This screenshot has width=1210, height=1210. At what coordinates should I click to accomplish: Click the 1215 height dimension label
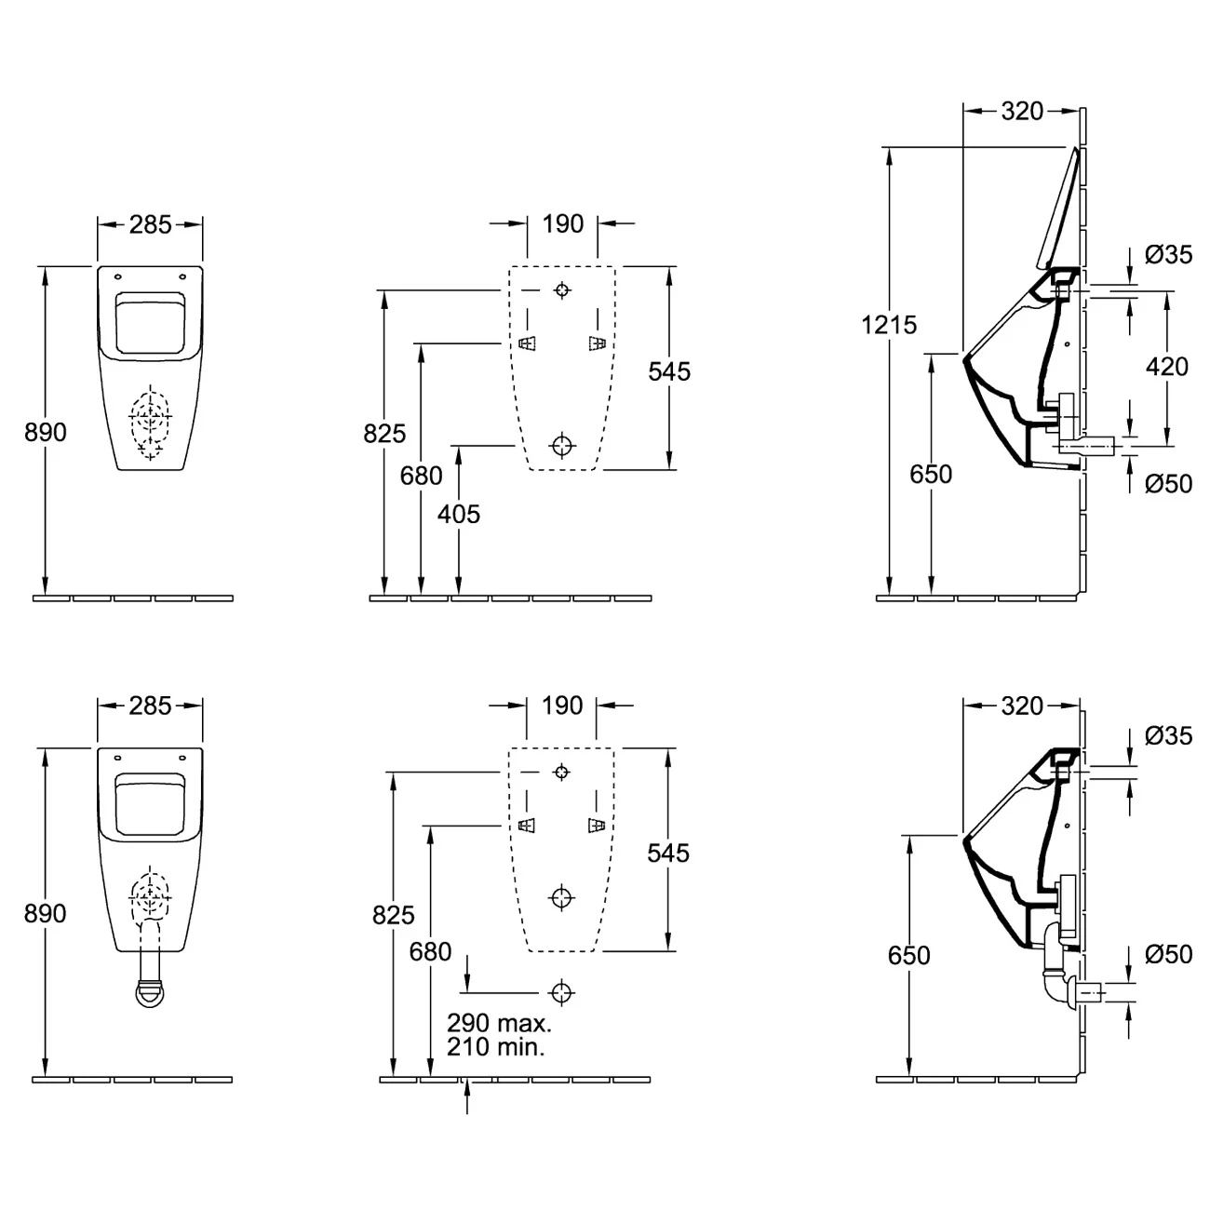point(889,325)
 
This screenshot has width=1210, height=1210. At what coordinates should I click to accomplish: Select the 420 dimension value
point(1166,366)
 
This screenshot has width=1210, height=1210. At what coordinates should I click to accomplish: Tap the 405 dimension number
point(459,514)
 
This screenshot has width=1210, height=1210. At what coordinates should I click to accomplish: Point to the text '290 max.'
point(499,1023)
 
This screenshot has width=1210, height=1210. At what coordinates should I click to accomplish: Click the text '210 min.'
point(496,1046)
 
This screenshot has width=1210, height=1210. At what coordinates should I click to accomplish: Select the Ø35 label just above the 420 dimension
point(1168,254)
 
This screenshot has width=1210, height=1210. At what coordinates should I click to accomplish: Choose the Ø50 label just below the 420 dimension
point(1168,484)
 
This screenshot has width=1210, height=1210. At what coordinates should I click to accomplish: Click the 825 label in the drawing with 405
point(384,433)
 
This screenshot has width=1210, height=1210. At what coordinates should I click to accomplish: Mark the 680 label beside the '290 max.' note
point(430,951)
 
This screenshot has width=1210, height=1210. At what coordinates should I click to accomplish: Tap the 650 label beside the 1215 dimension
point(931,474)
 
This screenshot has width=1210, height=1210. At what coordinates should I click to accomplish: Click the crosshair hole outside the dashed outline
point(561,992)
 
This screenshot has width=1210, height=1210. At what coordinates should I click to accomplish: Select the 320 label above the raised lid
point(1021,111)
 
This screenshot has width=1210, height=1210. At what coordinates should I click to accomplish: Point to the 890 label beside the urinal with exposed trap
point(46,914)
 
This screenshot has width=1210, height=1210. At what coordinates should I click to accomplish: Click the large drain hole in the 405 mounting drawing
point(561,445)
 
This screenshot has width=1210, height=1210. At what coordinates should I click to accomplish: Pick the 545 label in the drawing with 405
point(669,371)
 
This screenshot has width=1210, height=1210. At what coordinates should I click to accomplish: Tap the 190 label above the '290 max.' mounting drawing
point(562,705)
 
